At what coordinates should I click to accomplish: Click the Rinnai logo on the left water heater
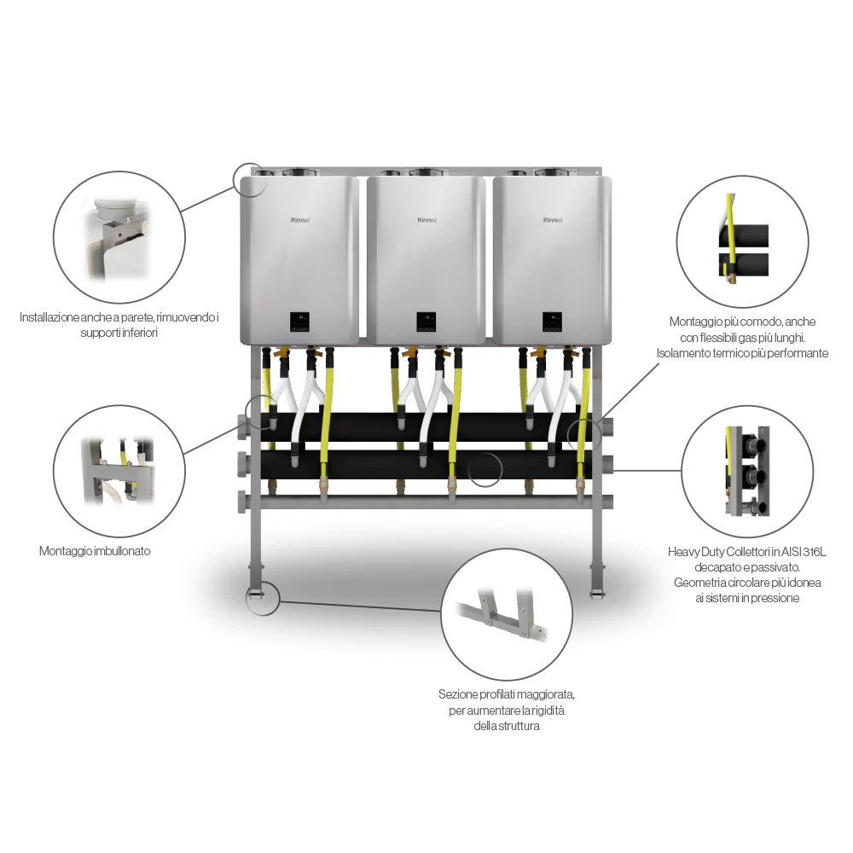point(300,220)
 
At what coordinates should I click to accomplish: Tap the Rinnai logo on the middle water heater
point(427,220)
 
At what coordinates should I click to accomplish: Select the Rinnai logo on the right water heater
point(553,220)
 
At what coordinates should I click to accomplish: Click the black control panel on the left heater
point(299,322)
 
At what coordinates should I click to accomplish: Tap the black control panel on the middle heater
point(426,322)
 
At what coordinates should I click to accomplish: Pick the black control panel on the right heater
point(552,322)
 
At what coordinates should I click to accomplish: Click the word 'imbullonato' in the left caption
point(122,551)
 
